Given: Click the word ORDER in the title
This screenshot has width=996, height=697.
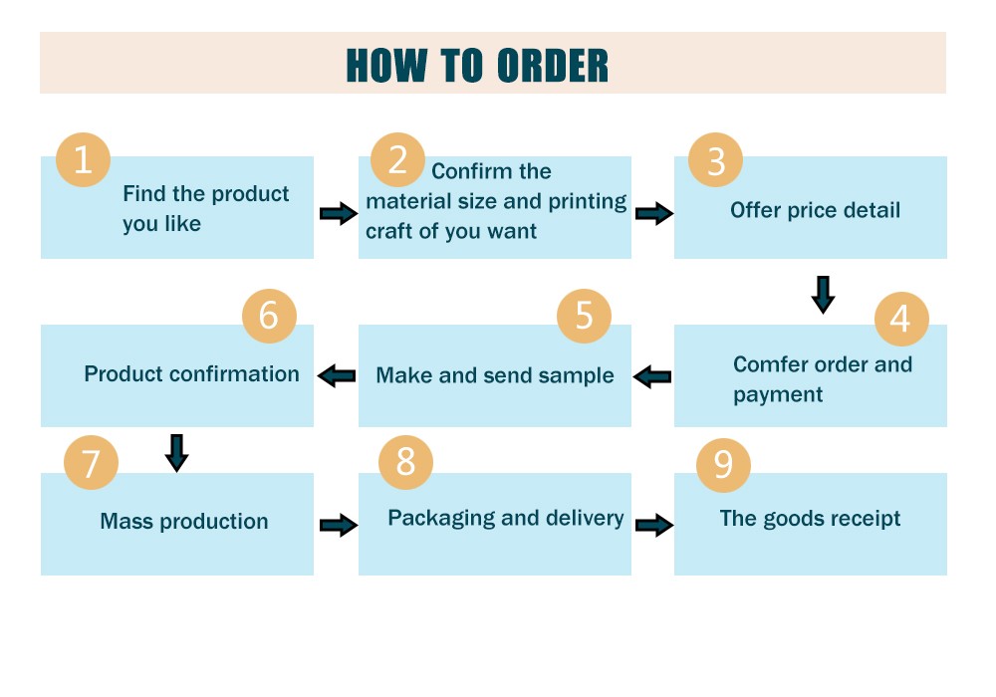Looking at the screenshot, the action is pos(552,66).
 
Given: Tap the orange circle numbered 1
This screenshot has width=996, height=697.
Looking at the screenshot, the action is pos(84,159).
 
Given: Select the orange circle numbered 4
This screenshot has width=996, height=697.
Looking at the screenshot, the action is pos(901,319).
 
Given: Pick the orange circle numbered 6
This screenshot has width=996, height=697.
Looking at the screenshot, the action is pos(269,316).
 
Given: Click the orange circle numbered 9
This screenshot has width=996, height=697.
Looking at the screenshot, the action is pos(723,465).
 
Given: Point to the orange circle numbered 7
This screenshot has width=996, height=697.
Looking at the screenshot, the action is pos(91,462).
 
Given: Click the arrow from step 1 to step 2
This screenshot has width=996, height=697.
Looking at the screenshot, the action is pos(339,213).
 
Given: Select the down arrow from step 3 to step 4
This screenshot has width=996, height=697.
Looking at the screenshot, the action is pos(824,295).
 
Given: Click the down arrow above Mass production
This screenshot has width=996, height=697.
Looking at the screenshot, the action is pos(176,453).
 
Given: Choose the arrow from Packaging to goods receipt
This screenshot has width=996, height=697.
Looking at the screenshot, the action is pos(654,525).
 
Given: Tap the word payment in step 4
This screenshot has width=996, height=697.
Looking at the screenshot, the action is pos(778,395).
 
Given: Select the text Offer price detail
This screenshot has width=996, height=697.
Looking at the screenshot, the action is pos(815,210).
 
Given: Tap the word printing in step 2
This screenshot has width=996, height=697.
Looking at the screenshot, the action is pos(588,201).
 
